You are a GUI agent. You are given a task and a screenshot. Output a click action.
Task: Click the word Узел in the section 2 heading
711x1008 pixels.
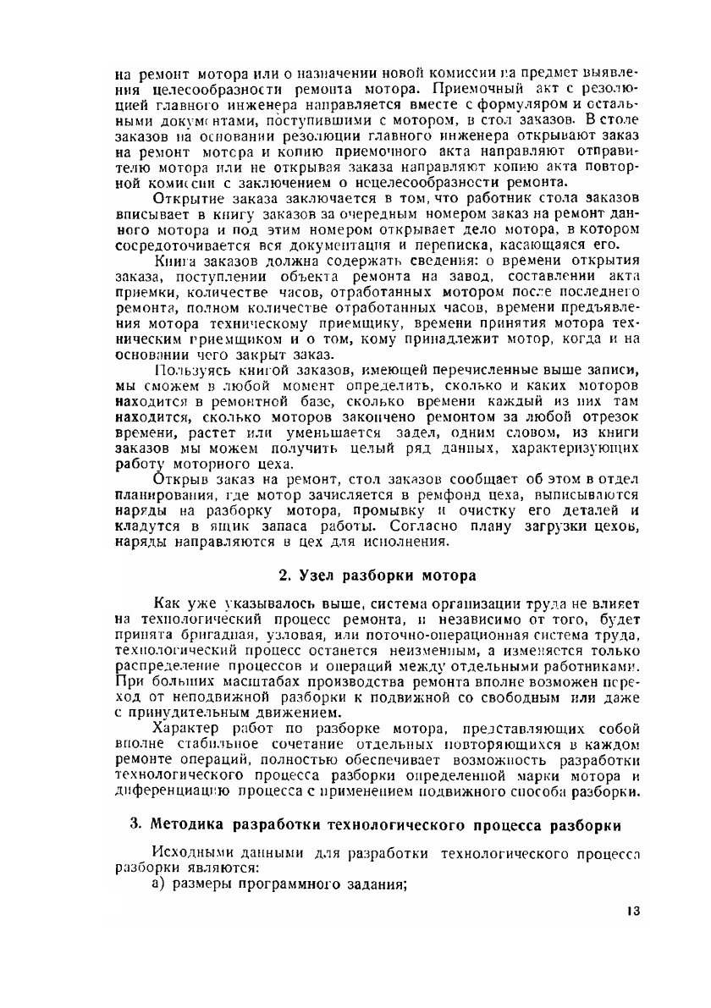pyautogui.click(x=321, y=576)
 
